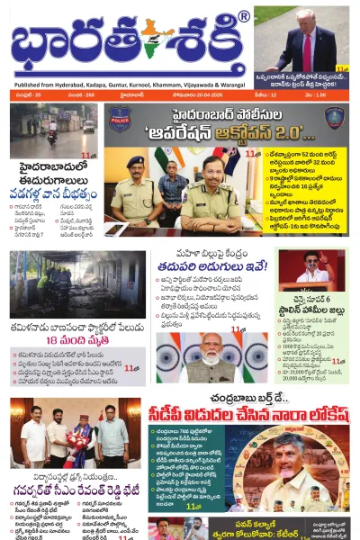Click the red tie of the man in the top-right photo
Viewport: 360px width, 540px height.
(x=307, y=47)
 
